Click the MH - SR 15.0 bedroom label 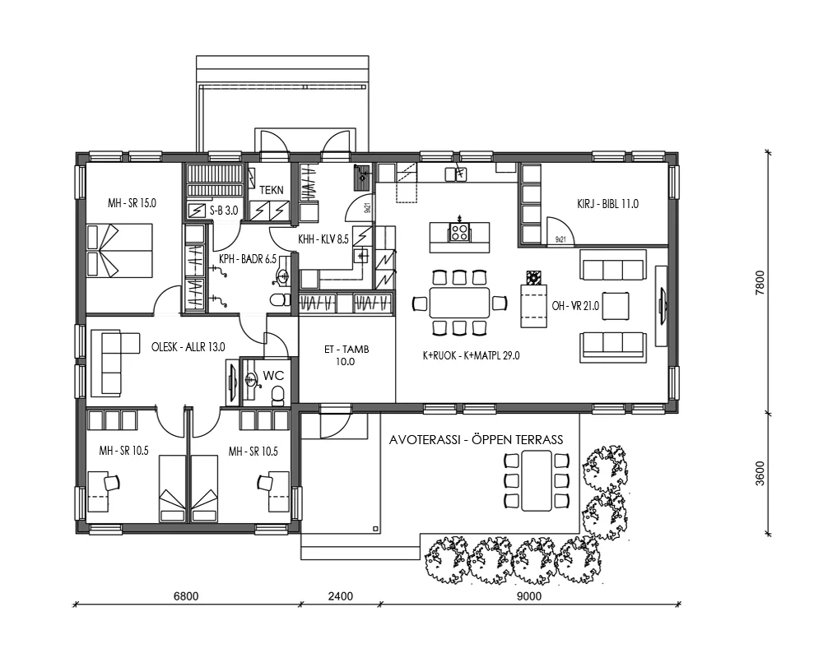[x=132, y=203]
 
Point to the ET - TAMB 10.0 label [x=346, y=355]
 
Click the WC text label [x=272, y=376]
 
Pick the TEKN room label [x=271, y=190]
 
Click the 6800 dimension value [x=187, y=596]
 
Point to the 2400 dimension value [x=339, y=596]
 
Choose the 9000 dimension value [x=530, y=596]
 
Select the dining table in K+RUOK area [x=458, y=303]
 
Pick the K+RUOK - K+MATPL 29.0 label [x=471, y=355]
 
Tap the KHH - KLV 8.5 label [x=323, y=239]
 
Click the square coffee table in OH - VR [x=617, y=305]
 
